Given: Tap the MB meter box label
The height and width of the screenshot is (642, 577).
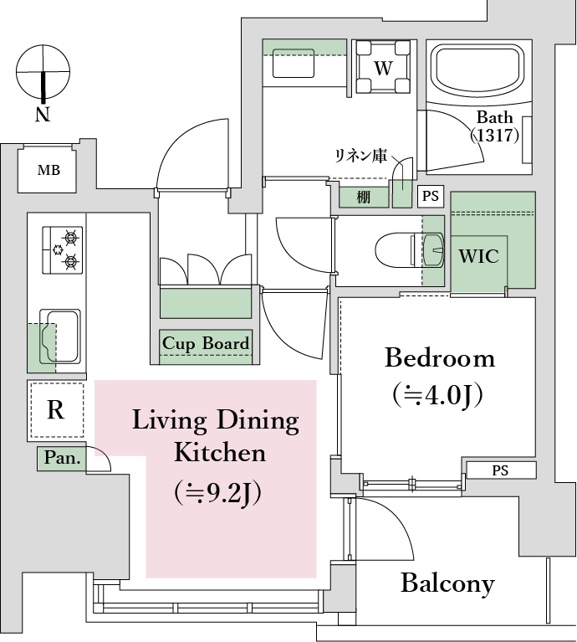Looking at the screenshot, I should point(48,172).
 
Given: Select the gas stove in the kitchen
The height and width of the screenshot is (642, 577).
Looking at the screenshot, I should point(63,249).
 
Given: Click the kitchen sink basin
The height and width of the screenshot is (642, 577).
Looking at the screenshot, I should point(60,335).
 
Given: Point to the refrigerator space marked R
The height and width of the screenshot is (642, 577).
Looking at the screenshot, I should point(56,410).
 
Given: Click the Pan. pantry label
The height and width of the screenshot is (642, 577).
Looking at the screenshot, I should point(62,459).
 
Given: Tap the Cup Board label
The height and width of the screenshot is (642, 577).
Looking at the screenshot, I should point(206,344).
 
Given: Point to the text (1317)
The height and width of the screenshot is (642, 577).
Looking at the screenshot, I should point(495,134).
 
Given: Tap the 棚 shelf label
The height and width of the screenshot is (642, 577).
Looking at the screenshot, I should point(363,197).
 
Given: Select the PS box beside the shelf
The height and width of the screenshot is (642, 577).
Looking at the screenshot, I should point(430,197).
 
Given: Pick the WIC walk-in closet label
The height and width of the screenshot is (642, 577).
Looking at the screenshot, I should point(479,256).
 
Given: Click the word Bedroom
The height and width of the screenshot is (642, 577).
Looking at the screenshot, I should point(439,359).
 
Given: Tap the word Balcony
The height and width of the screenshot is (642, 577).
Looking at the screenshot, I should point(447,583).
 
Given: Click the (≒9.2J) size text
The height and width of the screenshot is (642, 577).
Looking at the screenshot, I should point(218,492).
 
